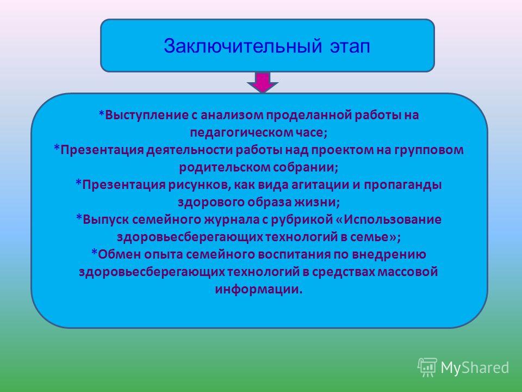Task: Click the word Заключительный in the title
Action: click(x=243, y=46)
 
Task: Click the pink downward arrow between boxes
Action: click(x=263, y=82)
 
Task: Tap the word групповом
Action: click(x=429, y=150)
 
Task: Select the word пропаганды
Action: click(x=402, y=185)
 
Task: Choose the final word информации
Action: click(x=259, y=289)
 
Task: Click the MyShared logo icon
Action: click(x=427, y=367)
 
